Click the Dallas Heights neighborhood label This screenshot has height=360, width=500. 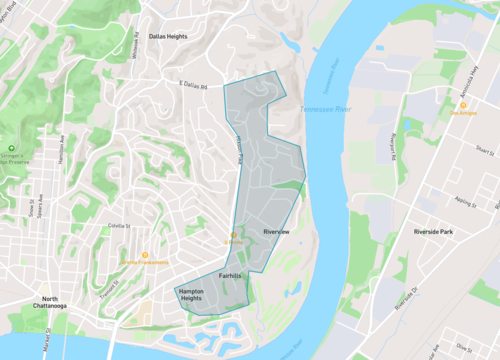168,36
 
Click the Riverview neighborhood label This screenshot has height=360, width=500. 275,231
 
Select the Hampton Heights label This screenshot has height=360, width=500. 197,295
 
